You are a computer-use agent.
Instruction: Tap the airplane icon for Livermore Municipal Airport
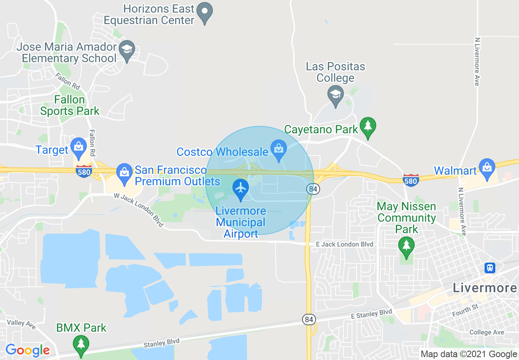click(x=241, y=189)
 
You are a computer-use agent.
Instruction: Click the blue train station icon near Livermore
click(x=490, y=268)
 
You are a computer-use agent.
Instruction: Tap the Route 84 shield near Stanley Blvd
click(x=309, y=319)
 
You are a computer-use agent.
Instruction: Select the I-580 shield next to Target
click(x=83, y=172)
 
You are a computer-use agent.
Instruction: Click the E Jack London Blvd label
click(x=345, y=244)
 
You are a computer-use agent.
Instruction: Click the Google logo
click(x=27, y=350)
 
